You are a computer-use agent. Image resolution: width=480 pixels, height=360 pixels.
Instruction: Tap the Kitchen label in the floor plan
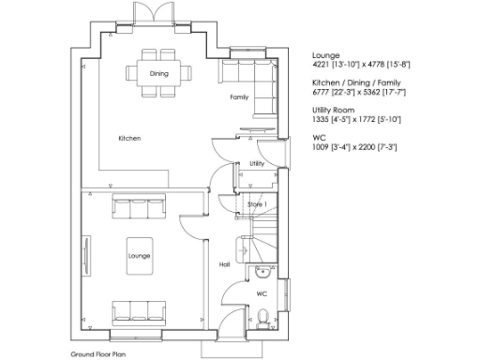coord(129,139)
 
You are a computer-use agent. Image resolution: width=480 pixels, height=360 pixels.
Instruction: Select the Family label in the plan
coord(239,97)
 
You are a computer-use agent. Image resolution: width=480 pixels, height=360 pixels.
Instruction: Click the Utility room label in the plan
coord(257,163)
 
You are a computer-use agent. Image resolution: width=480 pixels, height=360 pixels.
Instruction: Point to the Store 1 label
coord(257,203)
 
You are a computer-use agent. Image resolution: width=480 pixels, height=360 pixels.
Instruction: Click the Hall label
coord(225,264)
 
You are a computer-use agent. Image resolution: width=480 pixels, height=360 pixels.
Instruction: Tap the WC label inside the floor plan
coord(262,293)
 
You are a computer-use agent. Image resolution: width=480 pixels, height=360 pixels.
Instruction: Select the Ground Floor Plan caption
coord(98,354)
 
